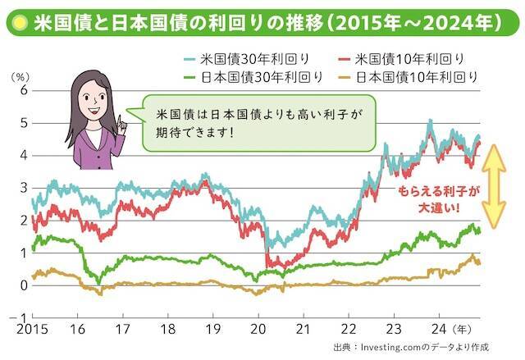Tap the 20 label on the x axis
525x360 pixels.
(257, 330)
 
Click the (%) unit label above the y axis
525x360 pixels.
(19, 75)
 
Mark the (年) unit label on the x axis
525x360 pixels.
(464, 330)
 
